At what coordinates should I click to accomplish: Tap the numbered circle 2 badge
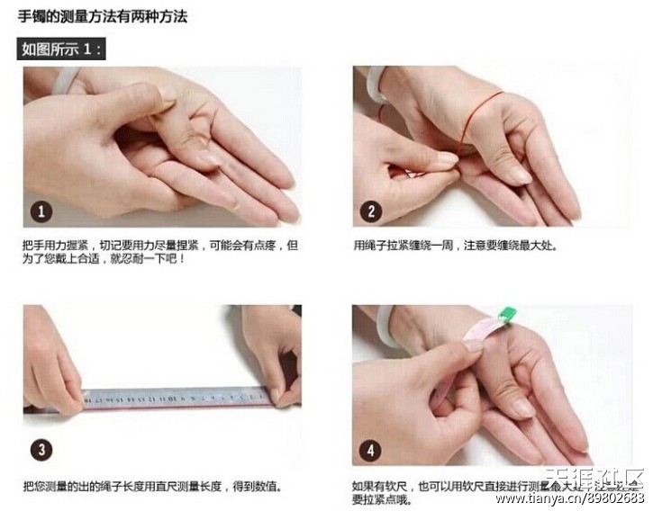point(373,211)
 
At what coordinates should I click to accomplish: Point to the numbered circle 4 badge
point(373,449)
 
